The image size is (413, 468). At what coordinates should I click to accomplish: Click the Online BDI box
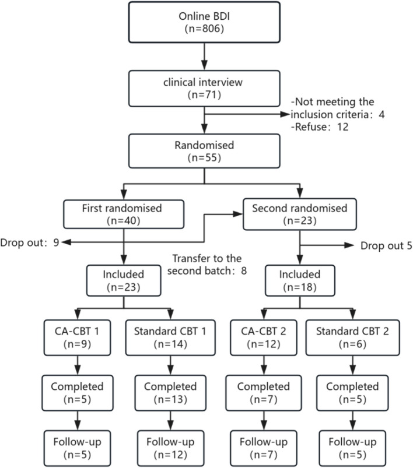pos(204,23)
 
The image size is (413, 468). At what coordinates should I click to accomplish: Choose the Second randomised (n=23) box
pos(300,214)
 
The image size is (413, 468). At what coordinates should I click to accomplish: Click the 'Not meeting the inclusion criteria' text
pos(334,108)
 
